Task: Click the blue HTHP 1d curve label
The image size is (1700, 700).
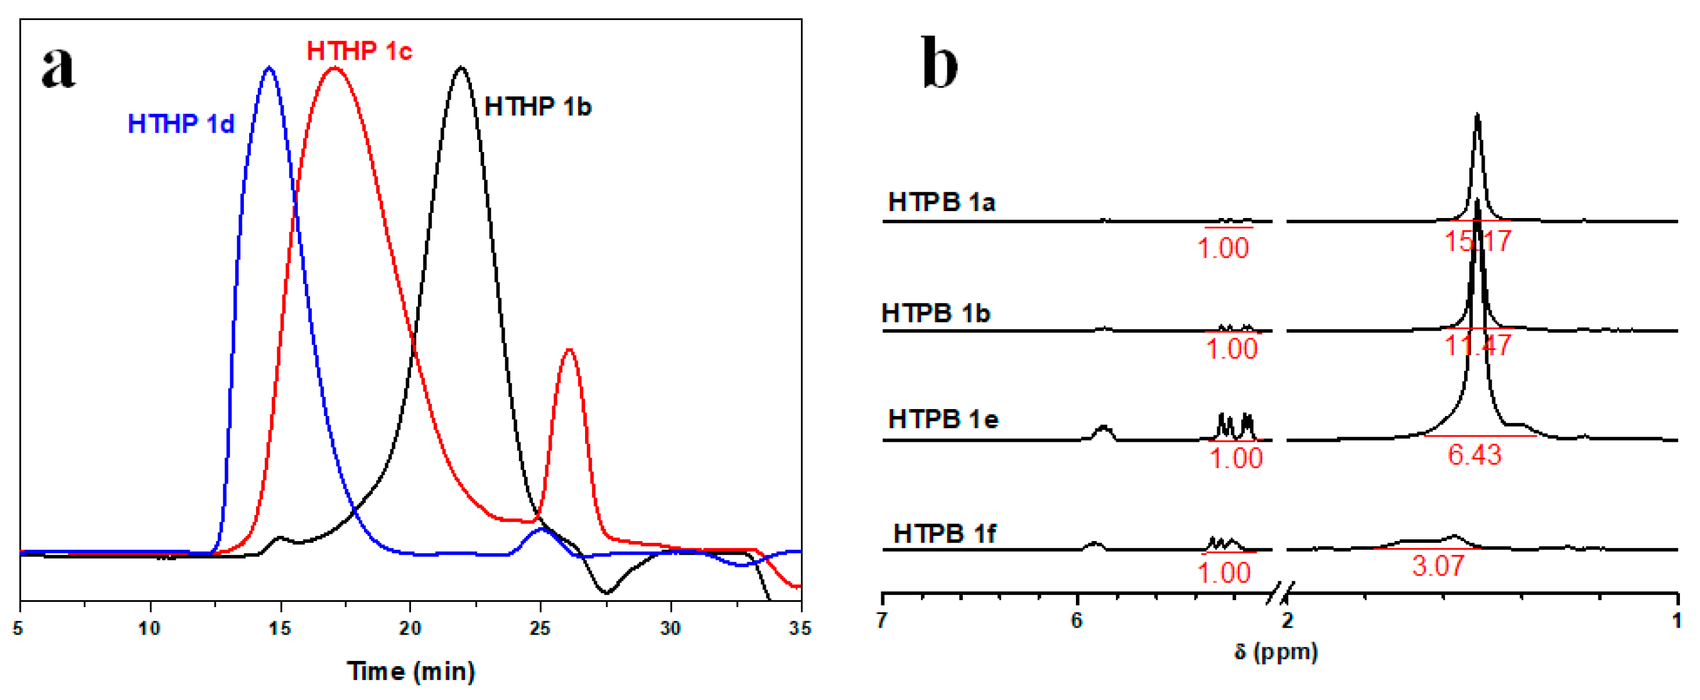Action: tap(181, 124)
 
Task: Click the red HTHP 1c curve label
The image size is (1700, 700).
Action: tap(359, 52)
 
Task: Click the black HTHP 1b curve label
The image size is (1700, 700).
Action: tap(538, 107)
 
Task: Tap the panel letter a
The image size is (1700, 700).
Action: tap(59, 67)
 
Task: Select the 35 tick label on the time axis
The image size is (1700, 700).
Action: tap(800, 628)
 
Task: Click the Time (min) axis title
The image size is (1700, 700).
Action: tap(411, 671)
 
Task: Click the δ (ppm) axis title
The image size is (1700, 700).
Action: tap(1276, 652)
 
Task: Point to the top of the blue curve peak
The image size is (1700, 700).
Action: tap(269, 67)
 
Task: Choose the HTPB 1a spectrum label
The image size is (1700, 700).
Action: tap(942, 202)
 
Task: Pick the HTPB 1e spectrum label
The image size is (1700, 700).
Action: tap(943, 419)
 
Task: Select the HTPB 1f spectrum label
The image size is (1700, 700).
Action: tap(944, 533)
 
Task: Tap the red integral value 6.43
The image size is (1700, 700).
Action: tap(1475, 454)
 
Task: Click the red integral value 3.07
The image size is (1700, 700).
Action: tap(1438, 565)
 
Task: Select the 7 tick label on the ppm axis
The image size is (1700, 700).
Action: tap(882, 620)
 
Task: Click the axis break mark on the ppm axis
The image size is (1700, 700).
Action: tap(1280, 593)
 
